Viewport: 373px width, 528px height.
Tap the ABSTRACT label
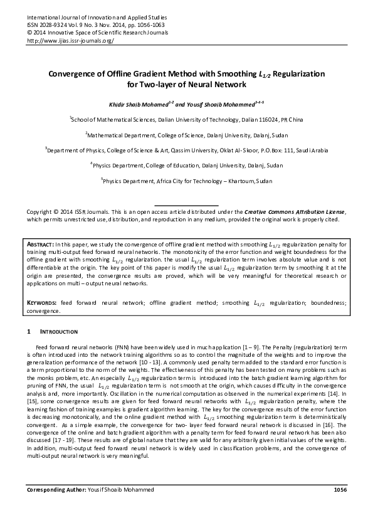coord(40,242)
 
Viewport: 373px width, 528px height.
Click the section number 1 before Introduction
coord(28,330)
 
